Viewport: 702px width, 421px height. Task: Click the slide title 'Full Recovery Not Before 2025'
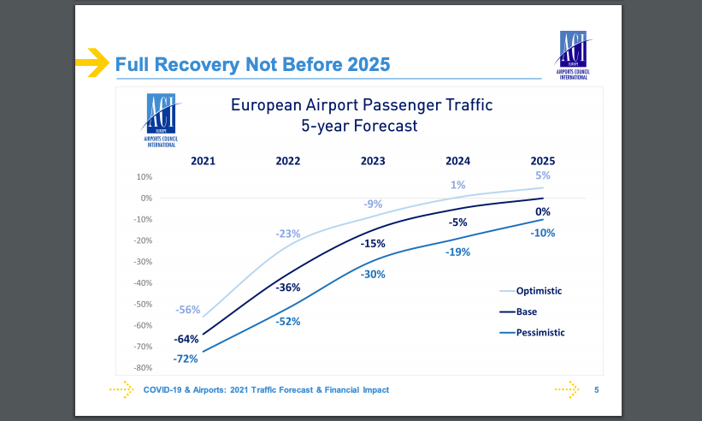click(252, 64)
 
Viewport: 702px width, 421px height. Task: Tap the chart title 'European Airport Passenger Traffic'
click(362, 105)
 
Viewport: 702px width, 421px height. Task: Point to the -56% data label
click(187, 310)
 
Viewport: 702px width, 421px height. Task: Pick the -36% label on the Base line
click(288, 288)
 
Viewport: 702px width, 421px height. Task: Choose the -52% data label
click(288, 322)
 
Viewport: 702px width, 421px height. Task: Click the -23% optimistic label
click(288, 234)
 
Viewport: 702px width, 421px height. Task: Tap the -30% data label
click(373, 275)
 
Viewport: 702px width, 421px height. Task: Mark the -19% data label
click(457, 252)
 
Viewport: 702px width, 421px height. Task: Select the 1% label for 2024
click(457, 185)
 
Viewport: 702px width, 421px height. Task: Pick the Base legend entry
click(526, 311)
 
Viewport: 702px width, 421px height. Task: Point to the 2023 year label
click(373, 160)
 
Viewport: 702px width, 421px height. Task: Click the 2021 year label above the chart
click(203, 160)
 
